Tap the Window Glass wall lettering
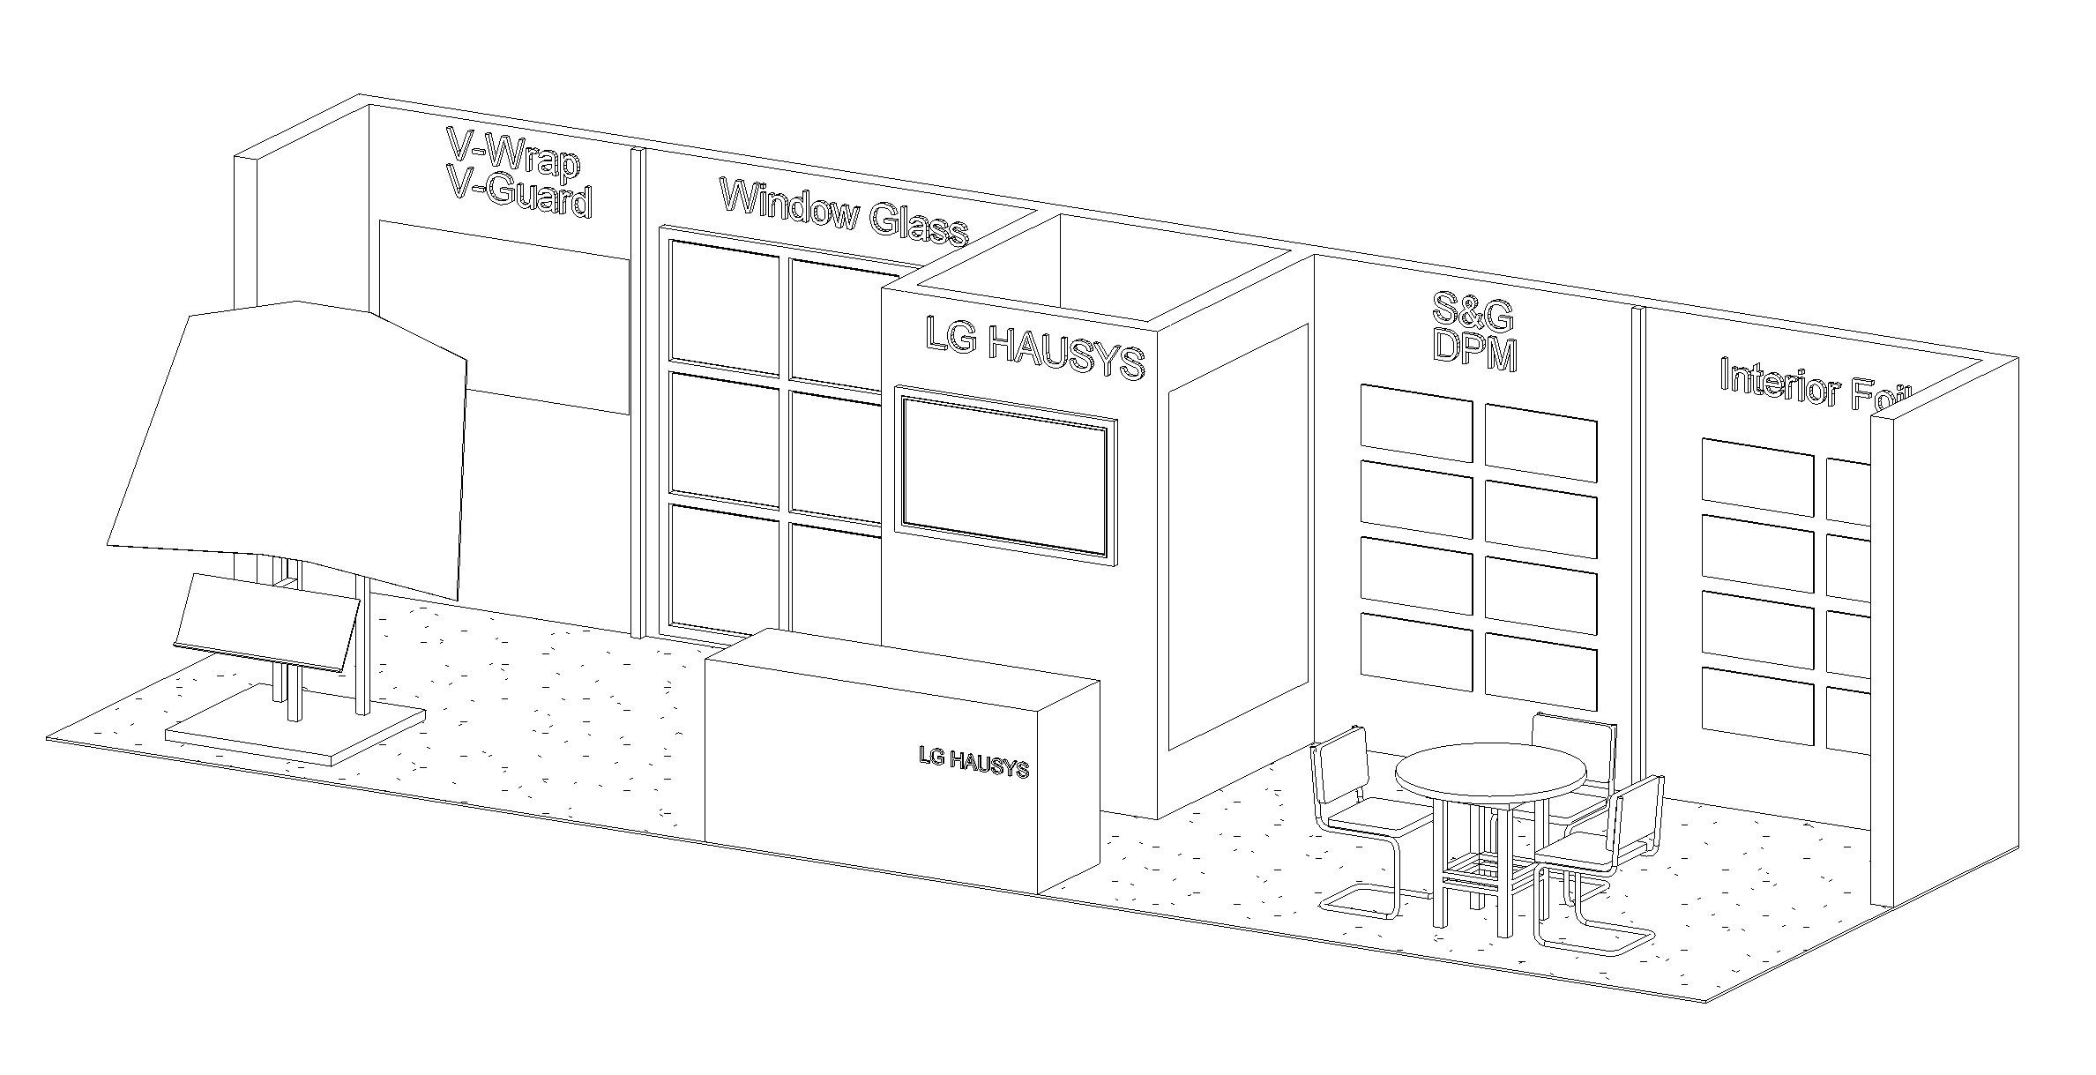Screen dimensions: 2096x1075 pos(844,211)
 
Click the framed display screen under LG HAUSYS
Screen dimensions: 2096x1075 pos(1005,476)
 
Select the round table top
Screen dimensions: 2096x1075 pos(1490,773)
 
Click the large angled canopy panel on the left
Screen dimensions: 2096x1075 pos(291,441)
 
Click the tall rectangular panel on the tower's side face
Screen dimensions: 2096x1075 pos(1237,538)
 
